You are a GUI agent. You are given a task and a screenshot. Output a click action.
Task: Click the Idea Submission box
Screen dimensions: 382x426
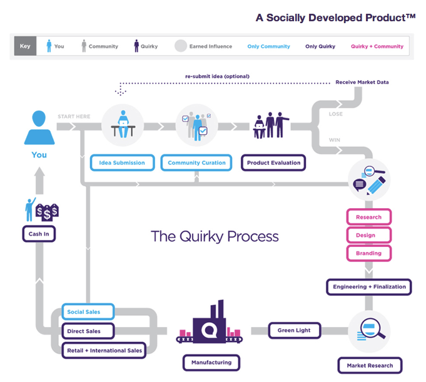pos(122,163)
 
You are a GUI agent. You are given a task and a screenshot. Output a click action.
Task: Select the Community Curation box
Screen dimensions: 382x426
pos(196,163)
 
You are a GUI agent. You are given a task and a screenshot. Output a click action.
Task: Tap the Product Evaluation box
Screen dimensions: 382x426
pos(273,163)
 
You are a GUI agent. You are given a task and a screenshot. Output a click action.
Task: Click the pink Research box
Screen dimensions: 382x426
pos(368,217)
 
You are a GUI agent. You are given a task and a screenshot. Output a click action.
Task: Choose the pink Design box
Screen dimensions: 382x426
pos(368,235)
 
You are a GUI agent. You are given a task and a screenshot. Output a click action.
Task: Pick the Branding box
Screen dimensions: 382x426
pos(368,253)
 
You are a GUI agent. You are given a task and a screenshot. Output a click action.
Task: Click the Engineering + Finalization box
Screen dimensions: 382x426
pos(369,287)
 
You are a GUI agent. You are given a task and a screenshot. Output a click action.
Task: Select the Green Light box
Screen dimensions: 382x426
pos(294,330)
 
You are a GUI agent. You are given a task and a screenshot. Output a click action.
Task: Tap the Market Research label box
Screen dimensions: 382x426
pos(370,366)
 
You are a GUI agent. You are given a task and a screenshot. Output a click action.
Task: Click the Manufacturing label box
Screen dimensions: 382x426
pos(211,362)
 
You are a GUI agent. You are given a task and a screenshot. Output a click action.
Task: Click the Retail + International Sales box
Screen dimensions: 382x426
pos(104,350)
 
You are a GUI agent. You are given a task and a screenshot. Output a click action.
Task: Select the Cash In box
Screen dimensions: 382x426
pos(39,234)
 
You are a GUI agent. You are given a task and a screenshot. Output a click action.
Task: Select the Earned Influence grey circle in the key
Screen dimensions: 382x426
pos(181,46)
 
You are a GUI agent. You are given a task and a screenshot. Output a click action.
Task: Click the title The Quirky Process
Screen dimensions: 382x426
pos(215,236)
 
